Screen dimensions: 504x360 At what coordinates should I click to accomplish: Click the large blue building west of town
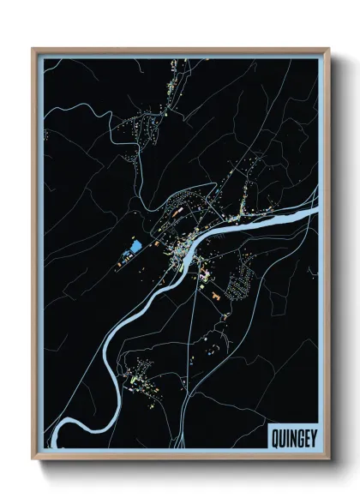[135, 249]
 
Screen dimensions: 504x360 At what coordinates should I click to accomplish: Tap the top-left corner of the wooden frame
[33, 49]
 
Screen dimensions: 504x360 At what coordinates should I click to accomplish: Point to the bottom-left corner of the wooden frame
[33, 461]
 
